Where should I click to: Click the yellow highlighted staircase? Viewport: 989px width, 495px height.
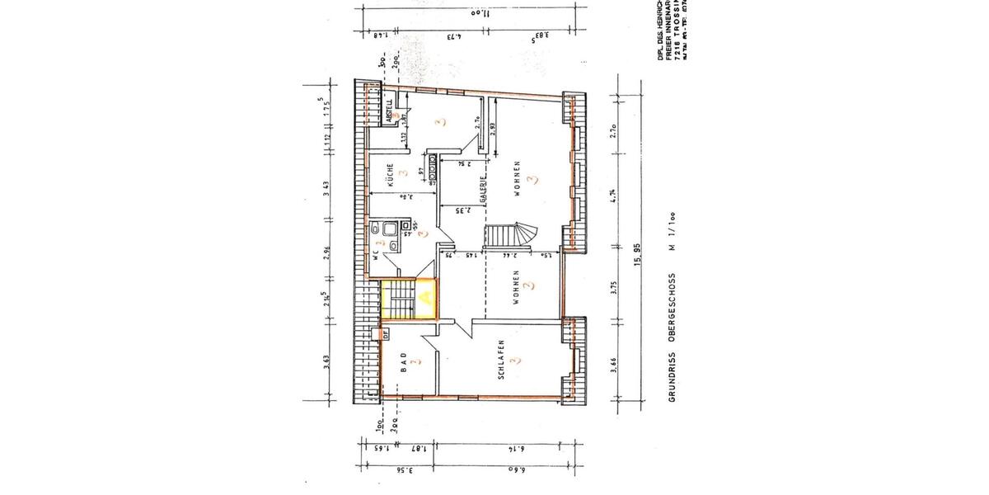tap(408, 299)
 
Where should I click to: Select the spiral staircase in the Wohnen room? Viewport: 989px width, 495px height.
tap(509, 236)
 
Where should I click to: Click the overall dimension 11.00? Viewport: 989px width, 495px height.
tap(480, 14)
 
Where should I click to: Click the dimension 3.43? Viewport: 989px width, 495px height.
tap(327, 187)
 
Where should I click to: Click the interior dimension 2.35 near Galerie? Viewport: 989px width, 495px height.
tap(463, 211)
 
